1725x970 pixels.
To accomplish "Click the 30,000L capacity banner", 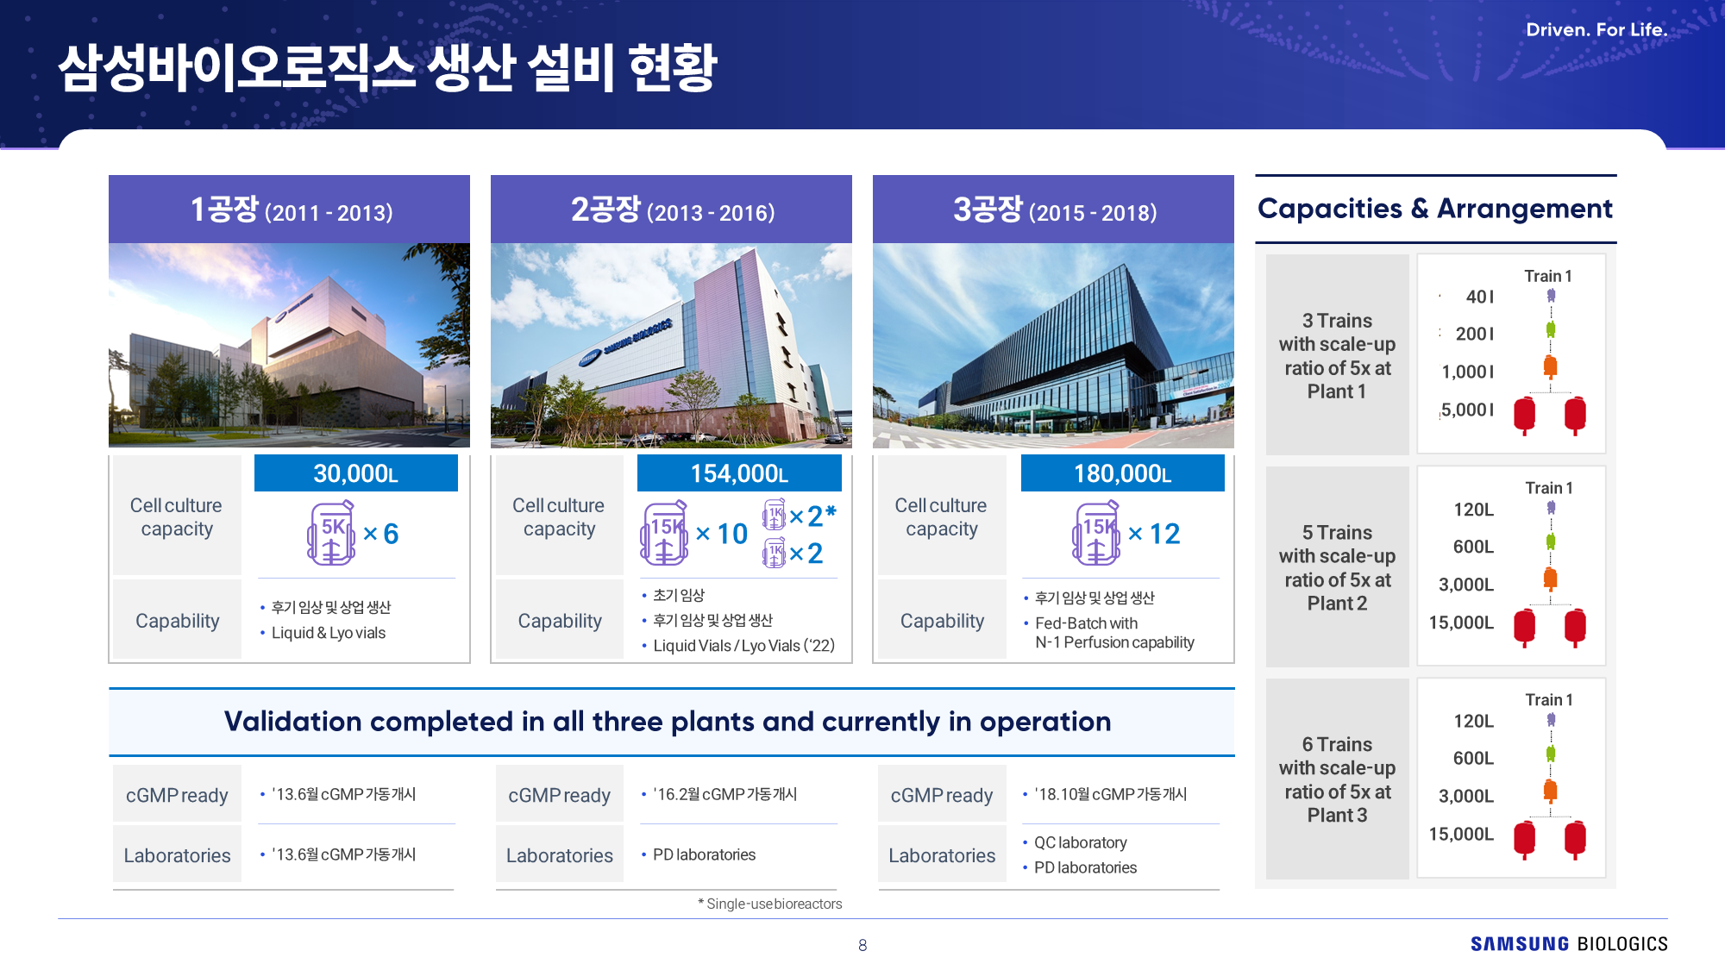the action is coord(356,473).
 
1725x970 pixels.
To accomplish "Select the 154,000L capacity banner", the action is coord(739,473).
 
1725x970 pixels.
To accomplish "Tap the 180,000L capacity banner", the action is coord(1122,473).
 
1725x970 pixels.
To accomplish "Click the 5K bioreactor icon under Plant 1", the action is coord(331,534).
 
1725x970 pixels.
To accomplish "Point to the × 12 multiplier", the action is coord(1154,534).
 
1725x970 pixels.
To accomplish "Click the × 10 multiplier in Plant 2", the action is coord(722,534).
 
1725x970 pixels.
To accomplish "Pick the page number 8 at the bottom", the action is coord(862,945).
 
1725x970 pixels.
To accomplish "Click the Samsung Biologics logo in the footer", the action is coord(1569,944).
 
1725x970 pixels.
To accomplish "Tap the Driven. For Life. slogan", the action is coord(1596,29).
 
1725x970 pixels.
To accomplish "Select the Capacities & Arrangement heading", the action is coord(1435,209).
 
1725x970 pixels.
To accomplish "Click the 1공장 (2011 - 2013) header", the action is coord(291,210).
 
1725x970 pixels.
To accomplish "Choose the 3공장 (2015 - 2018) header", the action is coord(1054,210).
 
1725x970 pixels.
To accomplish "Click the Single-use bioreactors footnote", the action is coord(770,904).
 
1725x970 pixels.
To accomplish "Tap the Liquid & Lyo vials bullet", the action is coord(323,633).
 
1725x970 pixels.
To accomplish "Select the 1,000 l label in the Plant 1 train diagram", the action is coord(1468,372).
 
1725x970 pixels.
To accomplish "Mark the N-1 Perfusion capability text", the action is coord(1114,642).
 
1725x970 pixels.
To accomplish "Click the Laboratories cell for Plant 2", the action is coord(560,855).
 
